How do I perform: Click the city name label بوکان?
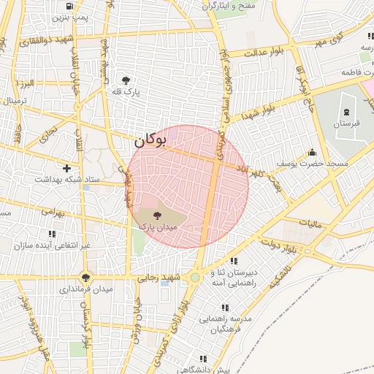[x=152, y=138]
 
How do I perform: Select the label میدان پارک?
[x=159, y=227]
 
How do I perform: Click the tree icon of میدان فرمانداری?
[x=86, y=278]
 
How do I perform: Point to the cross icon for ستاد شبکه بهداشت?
[x=67, y=168]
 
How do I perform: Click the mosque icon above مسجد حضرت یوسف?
[x=313, y=153]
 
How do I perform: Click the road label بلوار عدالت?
[x=262, y=53]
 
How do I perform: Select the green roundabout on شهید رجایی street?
[x=195, y=278]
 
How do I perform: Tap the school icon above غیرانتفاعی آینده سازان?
[x=51, y=234]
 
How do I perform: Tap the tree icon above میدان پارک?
[x=159, y=215]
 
